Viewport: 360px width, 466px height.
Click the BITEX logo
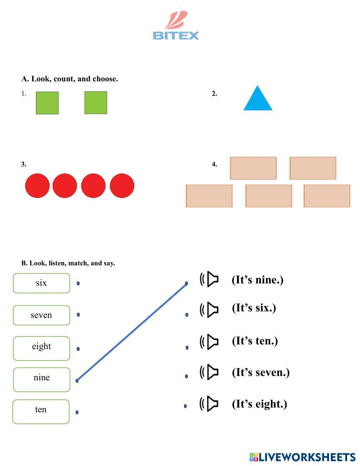coord(176,26)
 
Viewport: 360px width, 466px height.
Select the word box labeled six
coord(41,283)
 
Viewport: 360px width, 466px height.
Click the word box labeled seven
coord(41,315)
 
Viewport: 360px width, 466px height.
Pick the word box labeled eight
coord(41,348)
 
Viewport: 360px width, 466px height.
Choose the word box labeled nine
coord(41,379)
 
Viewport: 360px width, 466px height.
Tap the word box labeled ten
coord(41,411)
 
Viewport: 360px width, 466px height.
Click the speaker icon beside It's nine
coord(210,279)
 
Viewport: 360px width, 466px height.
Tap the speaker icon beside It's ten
coord(210,341)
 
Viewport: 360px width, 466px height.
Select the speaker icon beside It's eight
coord(210,404)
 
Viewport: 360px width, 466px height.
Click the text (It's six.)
coord(254,308)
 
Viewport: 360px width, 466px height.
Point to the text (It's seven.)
coord(261,372)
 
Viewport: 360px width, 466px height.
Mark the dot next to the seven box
coord(78,315)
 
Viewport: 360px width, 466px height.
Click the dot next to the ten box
coord(77,412)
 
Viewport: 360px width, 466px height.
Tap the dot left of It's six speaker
coord(186,315)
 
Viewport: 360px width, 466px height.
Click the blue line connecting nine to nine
coord(131,332)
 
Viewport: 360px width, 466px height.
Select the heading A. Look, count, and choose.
coord(69,79)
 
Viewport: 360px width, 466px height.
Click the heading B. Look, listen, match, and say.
coord(68,263)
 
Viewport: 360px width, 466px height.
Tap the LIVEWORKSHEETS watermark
coord(302,457)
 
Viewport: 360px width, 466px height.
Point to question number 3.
coord(24,165)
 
